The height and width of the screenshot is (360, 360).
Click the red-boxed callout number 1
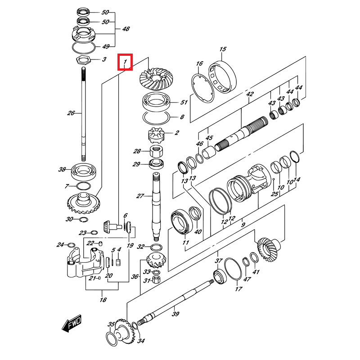pyautogui.click(x=125, y=62)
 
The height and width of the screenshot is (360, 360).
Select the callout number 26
pyautogui.click(x=71, y=113)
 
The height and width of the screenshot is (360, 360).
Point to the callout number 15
pyautogui.click(x=222, y=49)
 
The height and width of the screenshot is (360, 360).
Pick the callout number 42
pyautogui.click(x=250, y=94)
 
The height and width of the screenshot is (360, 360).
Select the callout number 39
pyautogui.click(x=175, y=314)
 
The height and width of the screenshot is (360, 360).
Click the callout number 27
pyautogui.click(x=140, y=196)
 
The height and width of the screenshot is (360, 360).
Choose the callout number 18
pyautogui.click(x=103, y=300)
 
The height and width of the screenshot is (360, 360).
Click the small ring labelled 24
pyautogui.click(x=71, y=245)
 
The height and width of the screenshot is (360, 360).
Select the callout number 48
pyautogui.click(x=126, y=29)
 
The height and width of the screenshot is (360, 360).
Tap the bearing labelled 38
pyautogui.click(x=83, y=170)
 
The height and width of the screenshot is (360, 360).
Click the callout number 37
pyautogui.click(x=219, y=261)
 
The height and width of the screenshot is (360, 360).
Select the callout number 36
pyautogui.click(x=135, y=277)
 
